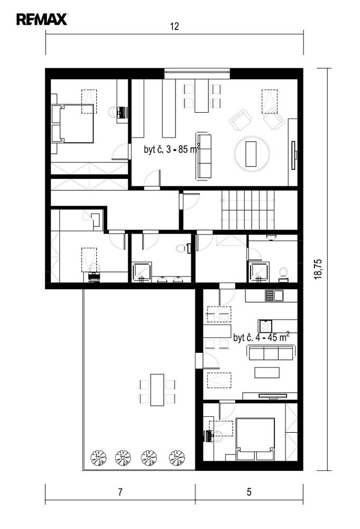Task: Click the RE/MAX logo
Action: [42, 19]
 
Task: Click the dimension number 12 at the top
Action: [174, 26]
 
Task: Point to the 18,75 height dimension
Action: [318, 269]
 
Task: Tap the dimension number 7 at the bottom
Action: [120, 492]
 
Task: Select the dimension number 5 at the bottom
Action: [249, 492]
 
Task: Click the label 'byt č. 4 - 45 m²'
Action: [261, 337]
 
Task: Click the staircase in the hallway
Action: [248, 210]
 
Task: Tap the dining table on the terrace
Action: [157, 390]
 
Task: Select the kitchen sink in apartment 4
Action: [274, 296]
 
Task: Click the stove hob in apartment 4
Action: [265, 326]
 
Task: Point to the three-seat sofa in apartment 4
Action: [271, 352]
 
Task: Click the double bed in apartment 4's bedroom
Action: [255, 439]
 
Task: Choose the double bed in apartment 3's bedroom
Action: [72, 123]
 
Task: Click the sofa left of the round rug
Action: [204, 156]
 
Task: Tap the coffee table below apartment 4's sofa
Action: [267, 373]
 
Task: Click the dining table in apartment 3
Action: [202, 96]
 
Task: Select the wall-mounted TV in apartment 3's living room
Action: [294, 155]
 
